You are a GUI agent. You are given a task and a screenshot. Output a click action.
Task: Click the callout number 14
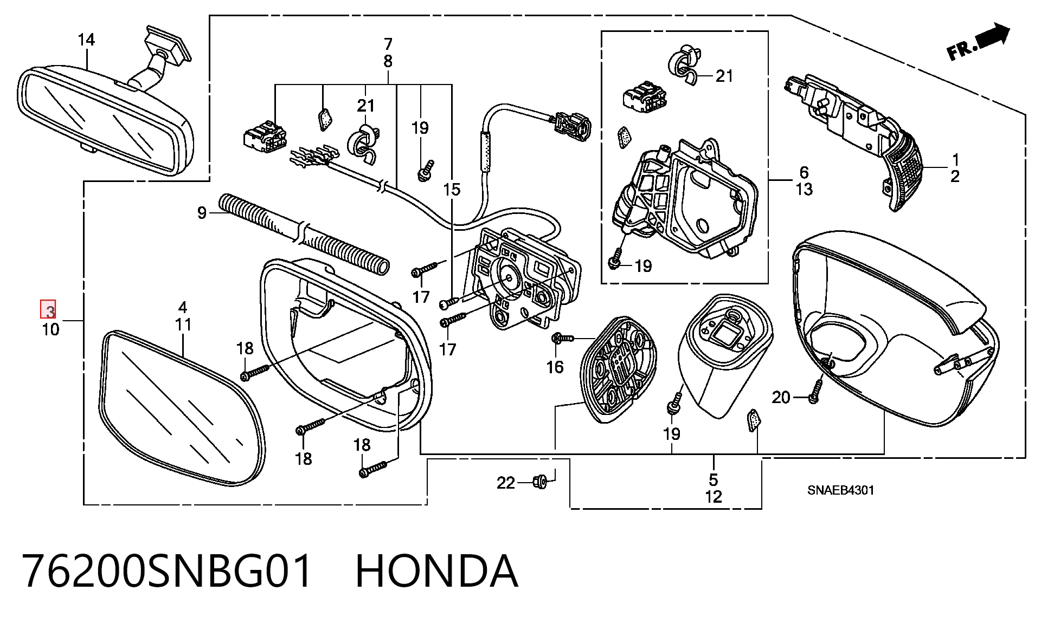(86, 40)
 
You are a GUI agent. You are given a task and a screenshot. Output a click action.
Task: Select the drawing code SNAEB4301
(840, 490)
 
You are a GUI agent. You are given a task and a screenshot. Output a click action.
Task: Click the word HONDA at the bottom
(437, 571)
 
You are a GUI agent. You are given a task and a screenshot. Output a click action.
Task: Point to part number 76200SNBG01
(168, 571)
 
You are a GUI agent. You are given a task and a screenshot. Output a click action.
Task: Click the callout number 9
(202, 213)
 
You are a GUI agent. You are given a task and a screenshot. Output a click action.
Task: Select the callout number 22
(506, 483)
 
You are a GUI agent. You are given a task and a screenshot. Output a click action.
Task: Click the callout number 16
(555, 367)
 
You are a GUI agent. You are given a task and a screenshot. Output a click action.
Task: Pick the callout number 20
(781, 398)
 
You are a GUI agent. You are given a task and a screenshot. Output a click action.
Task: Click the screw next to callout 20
(815, 391)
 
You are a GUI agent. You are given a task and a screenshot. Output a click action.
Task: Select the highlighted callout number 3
(49, 311)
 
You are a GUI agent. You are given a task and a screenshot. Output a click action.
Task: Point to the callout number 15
(452, 190)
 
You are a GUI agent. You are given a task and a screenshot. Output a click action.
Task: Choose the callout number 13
(804, 190)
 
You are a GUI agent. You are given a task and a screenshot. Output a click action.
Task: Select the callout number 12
(714, 497)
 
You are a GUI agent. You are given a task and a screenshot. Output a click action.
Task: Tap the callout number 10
(50, 329)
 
